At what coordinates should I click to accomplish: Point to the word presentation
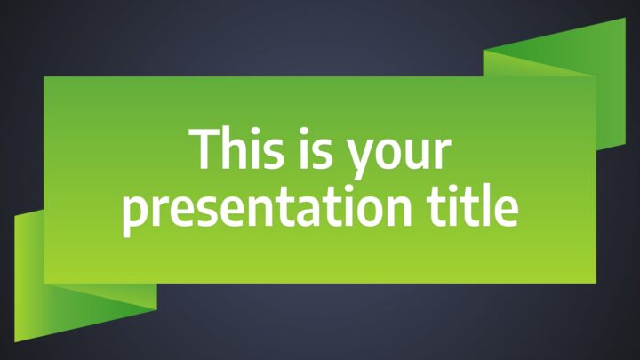click(267, 209)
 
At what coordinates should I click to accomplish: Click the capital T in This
click(203, 148)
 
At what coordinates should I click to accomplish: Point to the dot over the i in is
click(305, 132)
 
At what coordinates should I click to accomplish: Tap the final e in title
click(505, 212)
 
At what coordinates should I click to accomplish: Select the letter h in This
click(235, 148)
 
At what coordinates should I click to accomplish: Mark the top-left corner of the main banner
click(44, 76)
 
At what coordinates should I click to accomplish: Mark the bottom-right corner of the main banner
click(596, 284)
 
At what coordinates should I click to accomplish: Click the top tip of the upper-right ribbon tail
click(625, 18)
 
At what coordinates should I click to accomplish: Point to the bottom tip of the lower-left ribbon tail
click(15, 341)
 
